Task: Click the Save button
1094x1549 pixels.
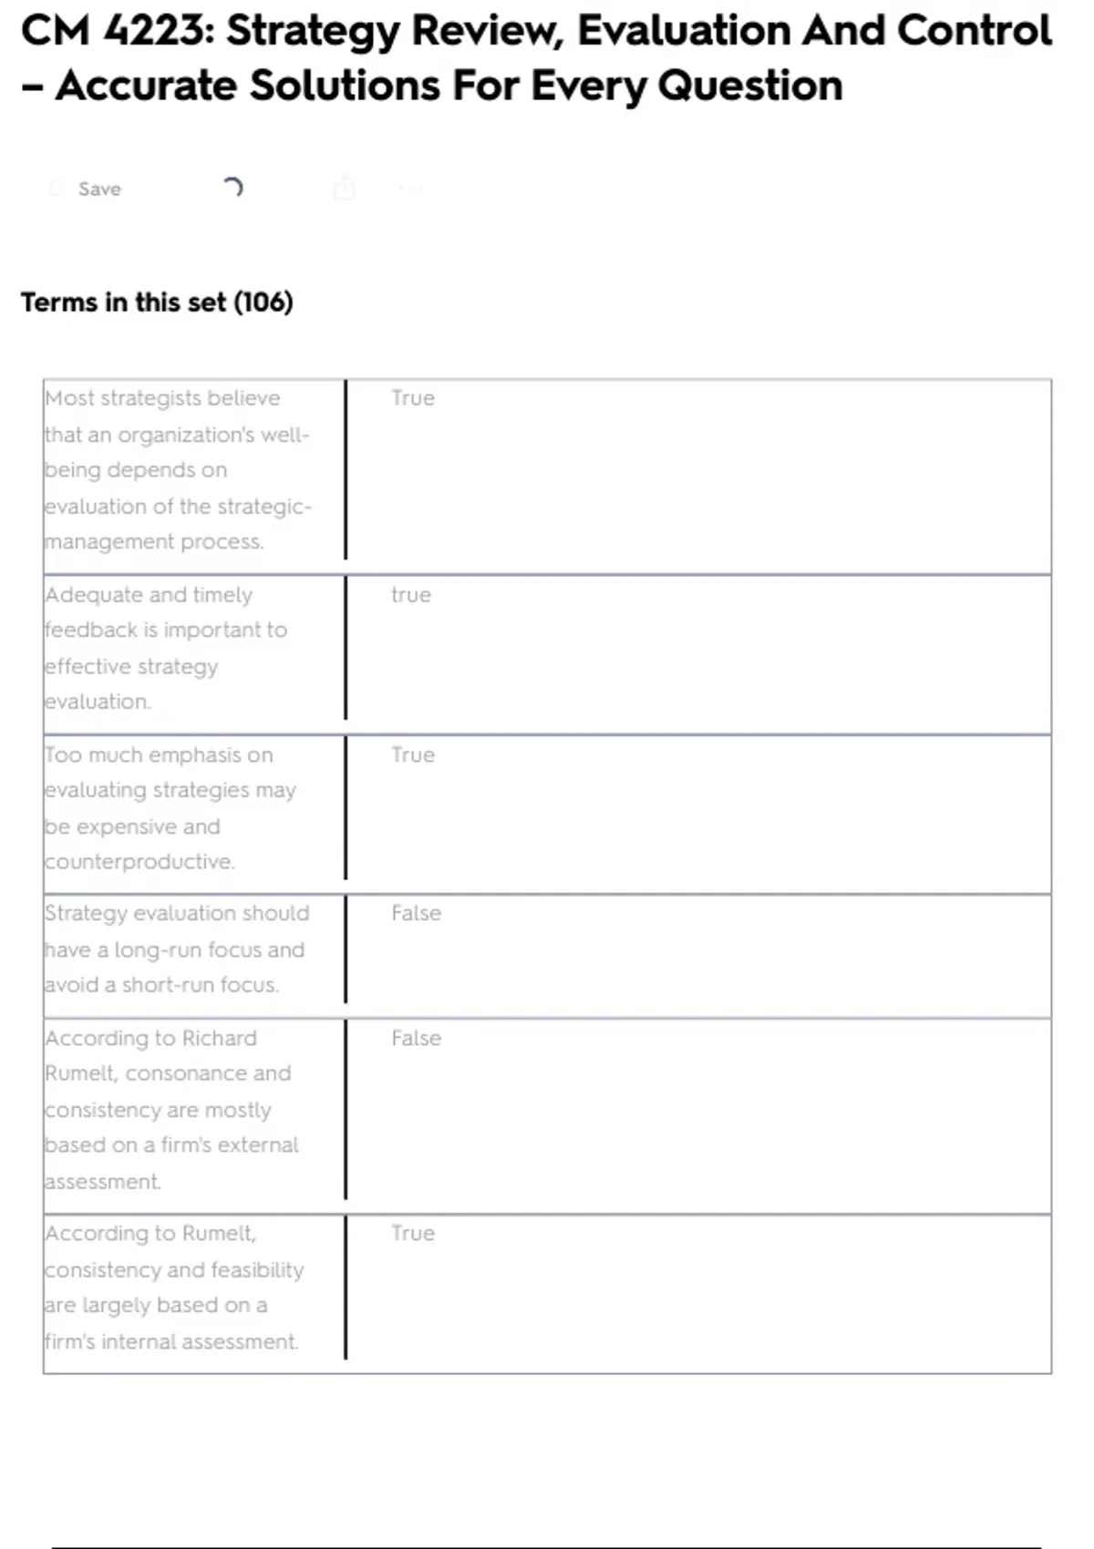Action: click(98, 189)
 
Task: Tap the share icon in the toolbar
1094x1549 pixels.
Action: click(344, 188)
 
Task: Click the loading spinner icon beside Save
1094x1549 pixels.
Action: click(232, 188)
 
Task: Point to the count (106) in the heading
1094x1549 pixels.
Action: click(263, 303)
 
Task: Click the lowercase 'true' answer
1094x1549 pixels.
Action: click(411, 595)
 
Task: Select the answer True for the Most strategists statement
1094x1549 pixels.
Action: click(413, 398)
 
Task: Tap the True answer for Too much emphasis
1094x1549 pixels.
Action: click(413, 755)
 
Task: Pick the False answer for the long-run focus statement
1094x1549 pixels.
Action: click(416, 913)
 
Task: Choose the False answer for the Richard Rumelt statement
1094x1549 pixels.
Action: click(416, 1038)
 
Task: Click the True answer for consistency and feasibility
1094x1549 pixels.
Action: click(413, 1233)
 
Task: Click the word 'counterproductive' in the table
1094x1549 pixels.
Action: click(139, 862)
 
